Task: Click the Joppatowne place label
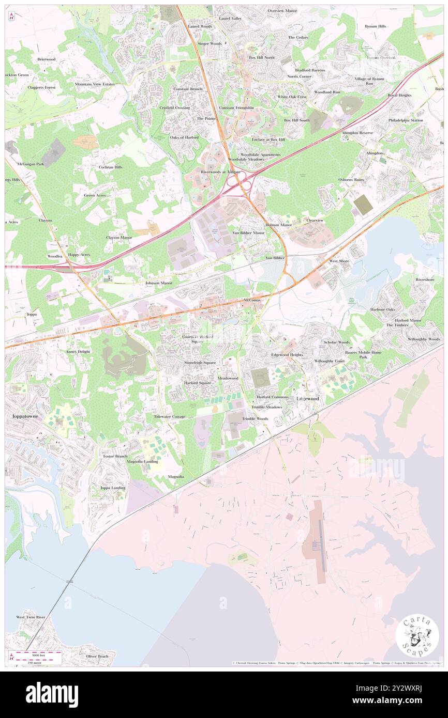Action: click(21, 416)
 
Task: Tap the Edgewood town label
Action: click(307, 399)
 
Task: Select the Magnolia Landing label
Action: click(142, 461)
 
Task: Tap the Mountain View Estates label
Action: click(94, 84)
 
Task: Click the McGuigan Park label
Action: click(30, 164)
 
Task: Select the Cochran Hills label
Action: click(111, 167)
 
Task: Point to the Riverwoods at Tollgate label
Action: click(221, 171)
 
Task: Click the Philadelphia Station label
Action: click(406, 120)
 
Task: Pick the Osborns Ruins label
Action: click(351, 179)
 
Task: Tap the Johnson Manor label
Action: click(158, 283)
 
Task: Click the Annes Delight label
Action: click(78, 352)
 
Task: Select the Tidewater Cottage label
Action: click(169, 416)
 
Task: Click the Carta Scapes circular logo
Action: click(417, 636)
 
